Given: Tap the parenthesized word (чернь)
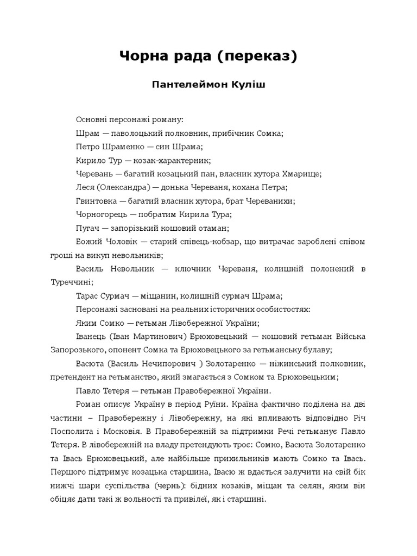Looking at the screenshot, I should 168,486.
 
